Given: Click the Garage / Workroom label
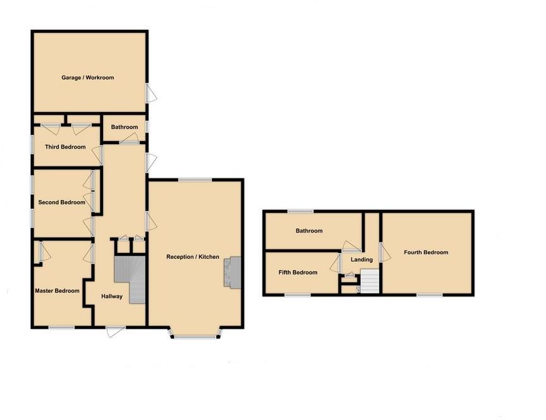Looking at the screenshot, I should (x=87, y=78).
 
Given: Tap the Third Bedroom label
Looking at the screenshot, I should (x=65, y=147).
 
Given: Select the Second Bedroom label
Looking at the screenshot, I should (x=61, y=202).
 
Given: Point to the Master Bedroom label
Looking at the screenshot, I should (x=58, y=291).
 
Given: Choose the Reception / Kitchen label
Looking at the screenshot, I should (x=193, y=257).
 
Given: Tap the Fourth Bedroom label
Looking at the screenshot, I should (x=426, y=252).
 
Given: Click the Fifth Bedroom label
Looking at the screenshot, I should (x=298, y=273).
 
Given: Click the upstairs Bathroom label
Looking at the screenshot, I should (x=309, y=231).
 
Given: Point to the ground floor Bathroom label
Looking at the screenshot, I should (x=124, y=127).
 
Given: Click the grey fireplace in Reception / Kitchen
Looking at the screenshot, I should (x=232, y=273).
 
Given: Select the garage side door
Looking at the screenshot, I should (x=150, y=94).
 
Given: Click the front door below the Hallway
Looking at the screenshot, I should (x=115, y=330).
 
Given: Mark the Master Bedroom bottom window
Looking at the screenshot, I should (x=62, y=327).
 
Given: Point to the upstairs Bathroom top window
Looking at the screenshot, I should (x=301, y=211).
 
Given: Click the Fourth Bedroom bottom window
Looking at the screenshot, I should (x=429, y=295).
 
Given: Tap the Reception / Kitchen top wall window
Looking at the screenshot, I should (x=195, y=180).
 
